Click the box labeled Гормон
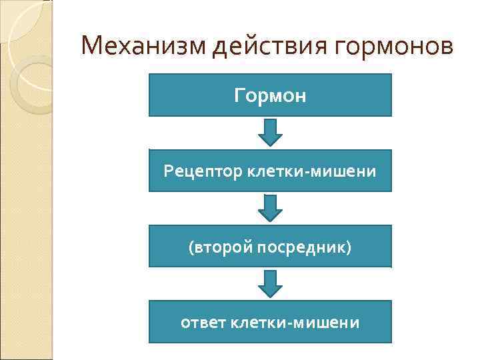[270, 95]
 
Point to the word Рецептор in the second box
[203, 171]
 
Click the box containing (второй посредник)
[270, 247]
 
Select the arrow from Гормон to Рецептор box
[270, 133]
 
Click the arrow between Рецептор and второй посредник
[270, 208]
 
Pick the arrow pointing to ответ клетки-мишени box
[270, 283]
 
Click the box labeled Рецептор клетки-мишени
[270, 171]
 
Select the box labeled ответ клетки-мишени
[270, 323]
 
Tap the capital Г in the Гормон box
[239, 95]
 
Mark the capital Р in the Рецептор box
[167, 171]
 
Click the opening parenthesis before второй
[191, 247]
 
